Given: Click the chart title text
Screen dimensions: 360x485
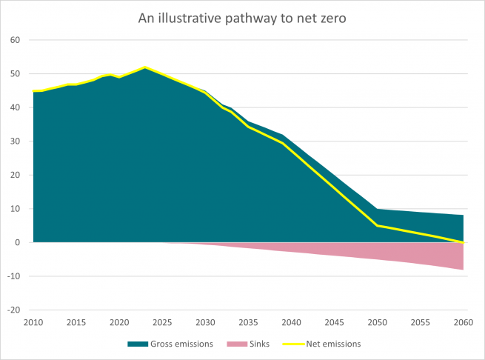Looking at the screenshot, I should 242,18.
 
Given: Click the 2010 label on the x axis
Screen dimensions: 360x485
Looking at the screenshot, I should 33,322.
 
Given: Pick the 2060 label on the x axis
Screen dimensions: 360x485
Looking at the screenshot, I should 464,322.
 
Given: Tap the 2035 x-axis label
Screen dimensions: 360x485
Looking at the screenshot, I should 248,322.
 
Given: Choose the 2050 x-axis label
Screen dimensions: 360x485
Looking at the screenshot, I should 378,322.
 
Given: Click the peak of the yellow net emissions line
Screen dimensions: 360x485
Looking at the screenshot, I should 145,68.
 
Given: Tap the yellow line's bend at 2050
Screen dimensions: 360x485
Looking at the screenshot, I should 378,225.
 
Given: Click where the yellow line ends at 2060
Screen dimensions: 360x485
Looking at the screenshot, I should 464,242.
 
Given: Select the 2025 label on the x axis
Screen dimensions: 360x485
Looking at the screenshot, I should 162,322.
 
